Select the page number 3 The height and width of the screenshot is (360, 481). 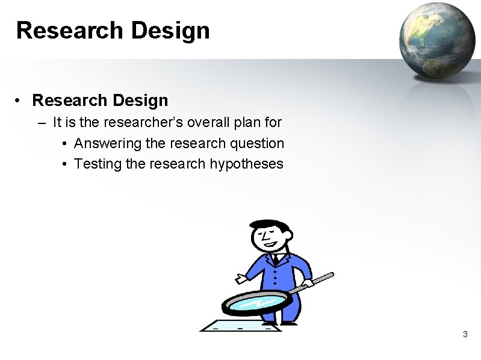click(465, 334)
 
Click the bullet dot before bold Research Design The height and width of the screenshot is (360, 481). click(20, 100)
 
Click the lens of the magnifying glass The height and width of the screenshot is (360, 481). click(253, 303)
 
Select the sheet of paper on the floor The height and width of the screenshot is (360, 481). click(241, 327)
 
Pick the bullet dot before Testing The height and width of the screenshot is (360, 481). click(64, 164)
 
